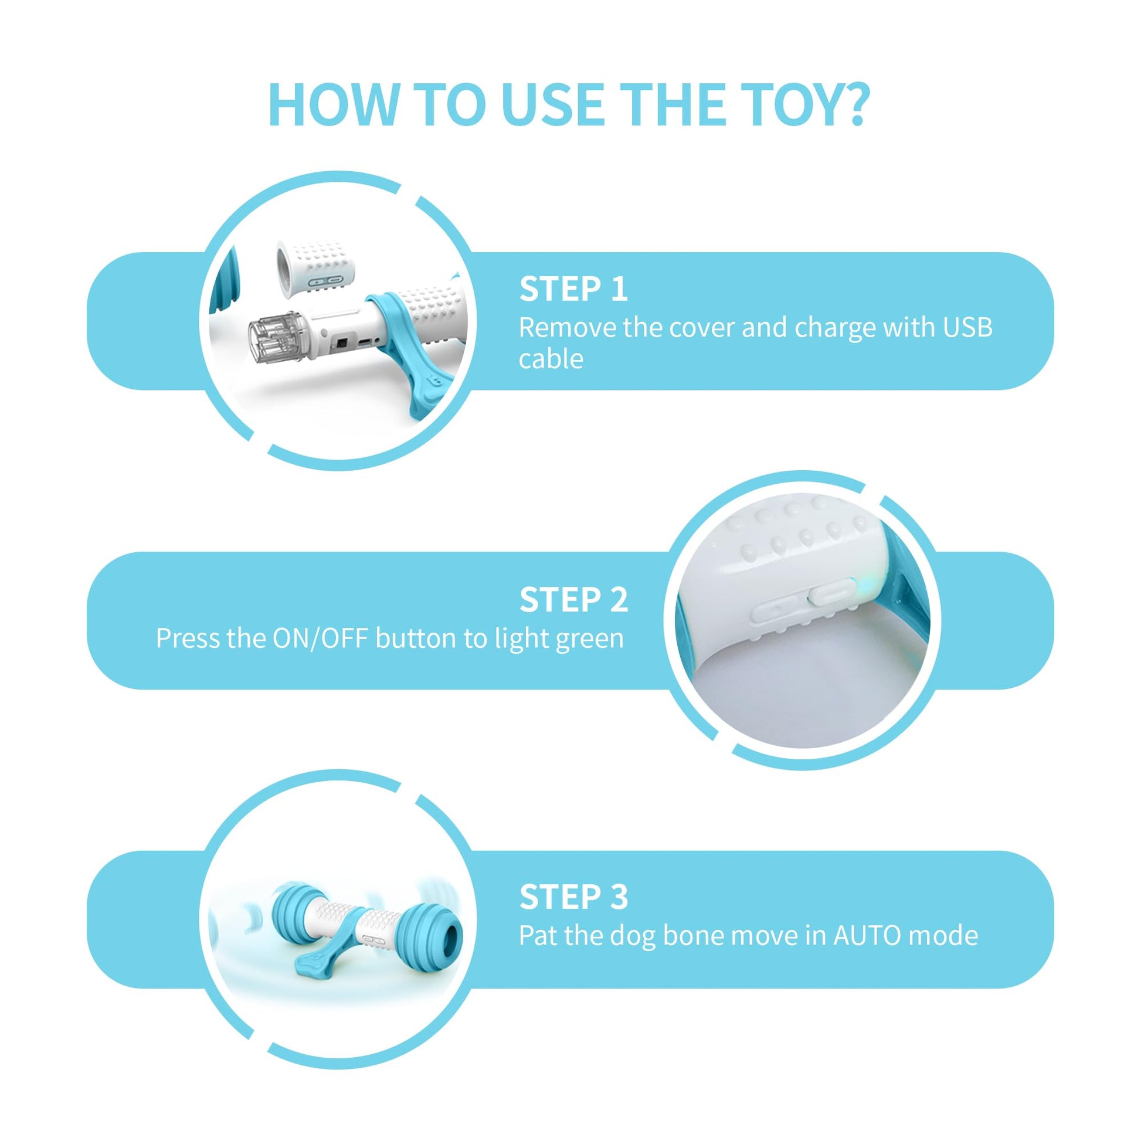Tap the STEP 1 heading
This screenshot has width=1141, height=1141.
(x=573, y=290)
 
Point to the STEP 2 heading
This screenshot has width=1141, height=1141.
(x=573, y=600)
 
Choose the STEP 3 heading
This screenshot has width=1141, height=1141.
(x=573, y=897)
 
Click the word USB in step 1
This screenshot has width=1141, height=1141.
(x=967, y=327)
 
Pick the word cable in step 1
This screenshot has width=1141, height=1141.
(x=551, y=358)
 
